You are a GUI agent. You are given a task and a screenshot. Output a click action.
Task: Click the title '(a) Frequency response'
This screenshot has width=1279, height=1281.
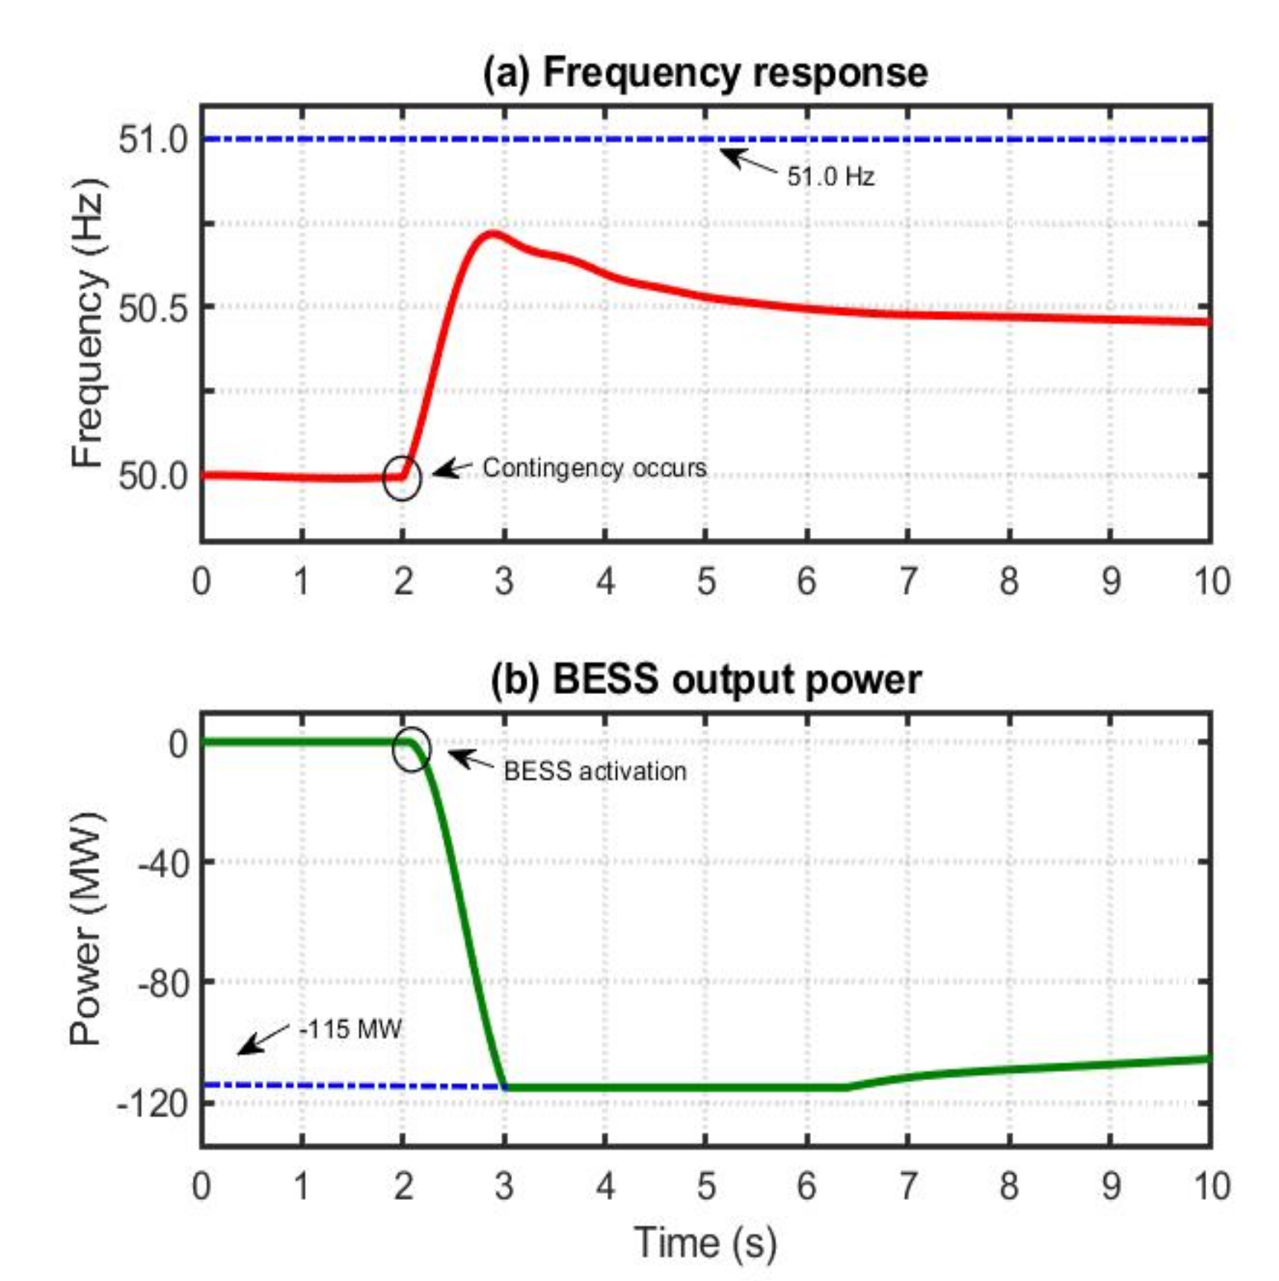click(x=705, y=73)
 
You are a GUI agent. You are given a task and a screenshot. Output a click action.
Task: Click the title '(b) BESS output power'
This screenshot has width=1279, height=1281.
click(x=705, y=679)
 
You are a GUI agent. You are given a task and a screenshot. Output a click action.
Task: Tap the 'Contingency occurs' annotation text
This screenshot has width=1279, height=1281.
click(x=594, y=468)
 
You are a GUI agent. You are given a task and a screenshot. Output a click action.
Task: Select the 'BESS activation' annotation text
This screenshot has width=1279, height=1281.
click(x=594, y=771)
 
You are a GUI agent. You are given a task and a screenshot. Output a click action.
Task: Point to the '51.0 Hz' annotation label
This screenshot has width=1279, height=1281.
click(x=830, y=176)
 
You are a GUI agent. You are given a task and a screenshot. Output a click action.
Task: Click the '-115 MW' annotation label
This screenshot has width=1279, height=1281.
click(x=350, y=1030)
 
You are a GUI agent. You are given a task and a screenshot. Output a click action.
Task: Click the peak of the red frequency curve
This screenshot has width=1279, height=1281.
click(x=492, y=234)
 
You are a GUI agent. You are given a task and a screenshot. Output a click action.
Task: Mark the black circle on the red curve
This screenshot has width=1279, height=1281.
click(x=403, y=478)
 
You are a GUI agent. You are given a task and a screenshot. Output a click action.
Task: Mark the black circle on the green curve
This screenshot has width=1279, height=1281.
click(x=411, y=749)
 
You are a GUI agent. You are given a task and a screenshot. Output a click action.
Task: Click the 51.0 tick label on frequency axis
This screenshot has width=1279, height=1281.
click(x=154, y=139)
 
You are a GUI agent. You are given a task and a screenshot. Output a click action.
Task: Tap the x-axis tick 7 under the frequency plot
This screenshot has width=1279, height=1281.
click(x=908, y=581)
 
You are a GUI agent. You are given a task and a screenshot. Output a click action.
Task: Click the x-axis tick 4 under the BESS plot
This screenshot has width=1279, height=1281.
click(x=606, y=1186)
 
